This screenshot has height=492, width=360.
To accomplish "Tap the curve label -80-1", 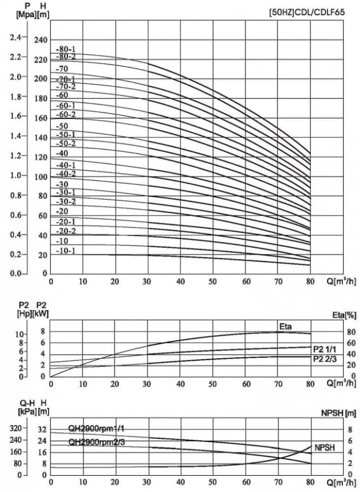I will pyautogui.click(x=65, y=50).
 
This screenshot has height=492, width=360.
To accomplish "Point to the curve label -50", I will pyautogui.click(x=62, y=126).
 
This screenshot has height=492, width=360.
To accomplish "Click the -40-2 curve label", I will pyautogui.click(x=65, y=174).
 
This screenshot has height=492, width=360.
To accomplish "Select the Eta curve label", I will pyautogui.click(x=286, y=326).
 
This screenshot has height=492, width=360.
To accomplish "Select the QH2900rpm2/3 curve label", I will pyautogui.click(x=96, y=441).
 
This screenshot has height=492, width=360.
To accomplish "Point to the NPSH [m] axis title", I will pyautogui.click(x=341, y=412).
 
